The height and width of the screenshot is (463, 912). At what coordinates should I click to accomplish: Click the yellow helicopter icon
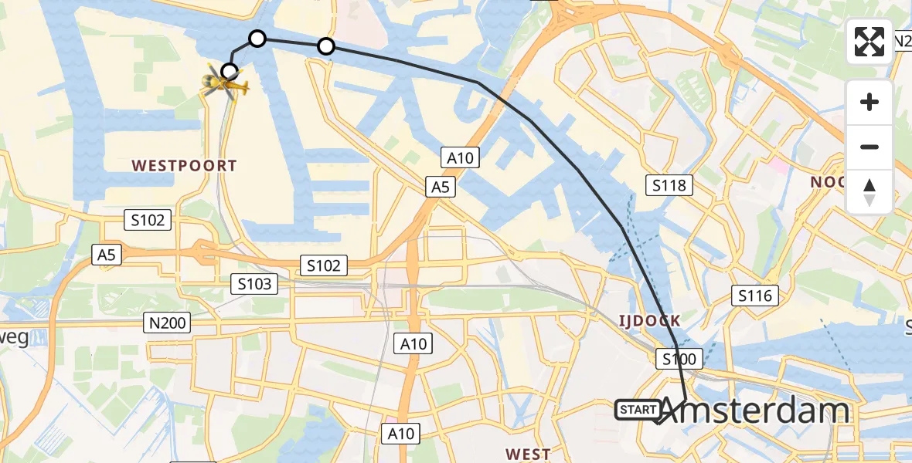(224, 83)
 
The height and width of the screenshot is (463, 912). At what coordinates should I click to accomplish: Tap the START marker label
(638, 410)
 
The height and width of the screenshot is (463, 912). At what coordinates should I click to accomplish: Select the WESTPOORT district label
(184, 165)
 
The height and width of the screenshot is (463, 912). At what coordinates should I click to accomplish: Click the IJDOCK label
(648, 320)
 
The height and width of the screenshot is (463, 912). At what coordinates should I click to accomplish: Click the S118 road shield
(669, 185)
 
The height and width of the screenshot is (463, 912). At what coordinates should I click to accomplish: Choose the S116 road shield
(754, 296)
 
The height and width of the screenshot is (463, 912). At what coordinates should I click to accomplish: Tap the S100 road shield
(679, 358)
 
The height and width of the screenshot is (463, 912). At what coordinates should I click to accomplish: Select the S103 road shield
(254, 285)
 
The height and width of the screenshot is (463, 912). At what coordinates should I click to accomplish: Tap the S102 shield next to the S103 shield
(323, 266)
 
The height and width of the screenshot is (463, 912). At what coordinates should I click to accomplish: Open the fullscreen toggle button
(869, 42)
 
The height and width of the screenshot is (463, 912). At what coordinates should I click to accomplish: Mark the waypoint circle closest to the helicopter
(230, 73)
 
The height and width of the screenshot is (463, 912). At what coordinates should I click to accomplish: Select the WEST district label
(528, 454)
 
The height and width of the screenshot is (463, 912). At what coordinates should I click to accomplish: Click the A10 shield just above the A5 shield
(460, 159)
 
